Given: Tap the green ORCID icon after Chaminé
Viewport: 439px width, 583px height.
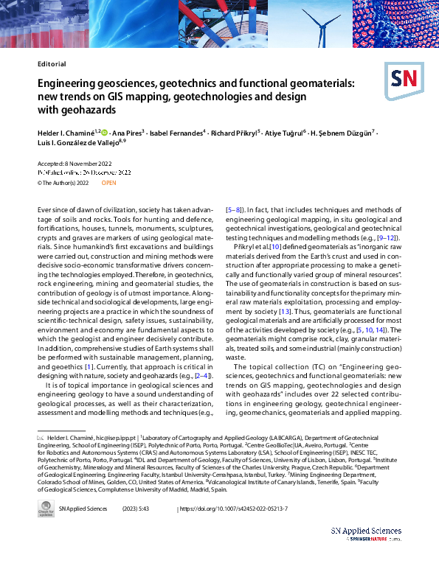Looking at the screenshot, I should point(104,133).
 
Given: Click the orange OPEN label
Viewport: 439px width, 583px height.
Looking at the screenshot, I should point(108,182).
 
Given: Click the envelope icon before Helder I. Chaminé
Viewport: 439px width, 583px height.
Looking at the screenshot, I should point(41,437).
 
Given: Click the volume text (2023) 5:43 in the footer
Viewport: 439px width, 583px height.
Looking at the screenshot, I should point(156,509).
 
